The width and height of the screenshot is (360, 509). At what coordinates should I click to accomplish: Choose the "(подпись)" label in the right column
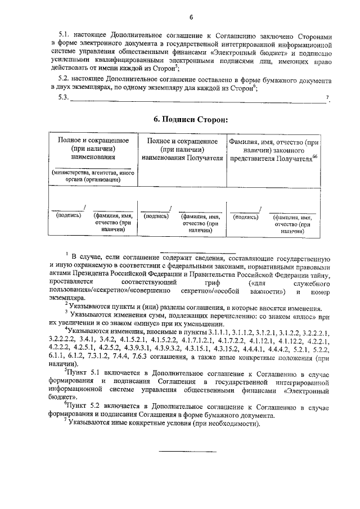245,217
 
